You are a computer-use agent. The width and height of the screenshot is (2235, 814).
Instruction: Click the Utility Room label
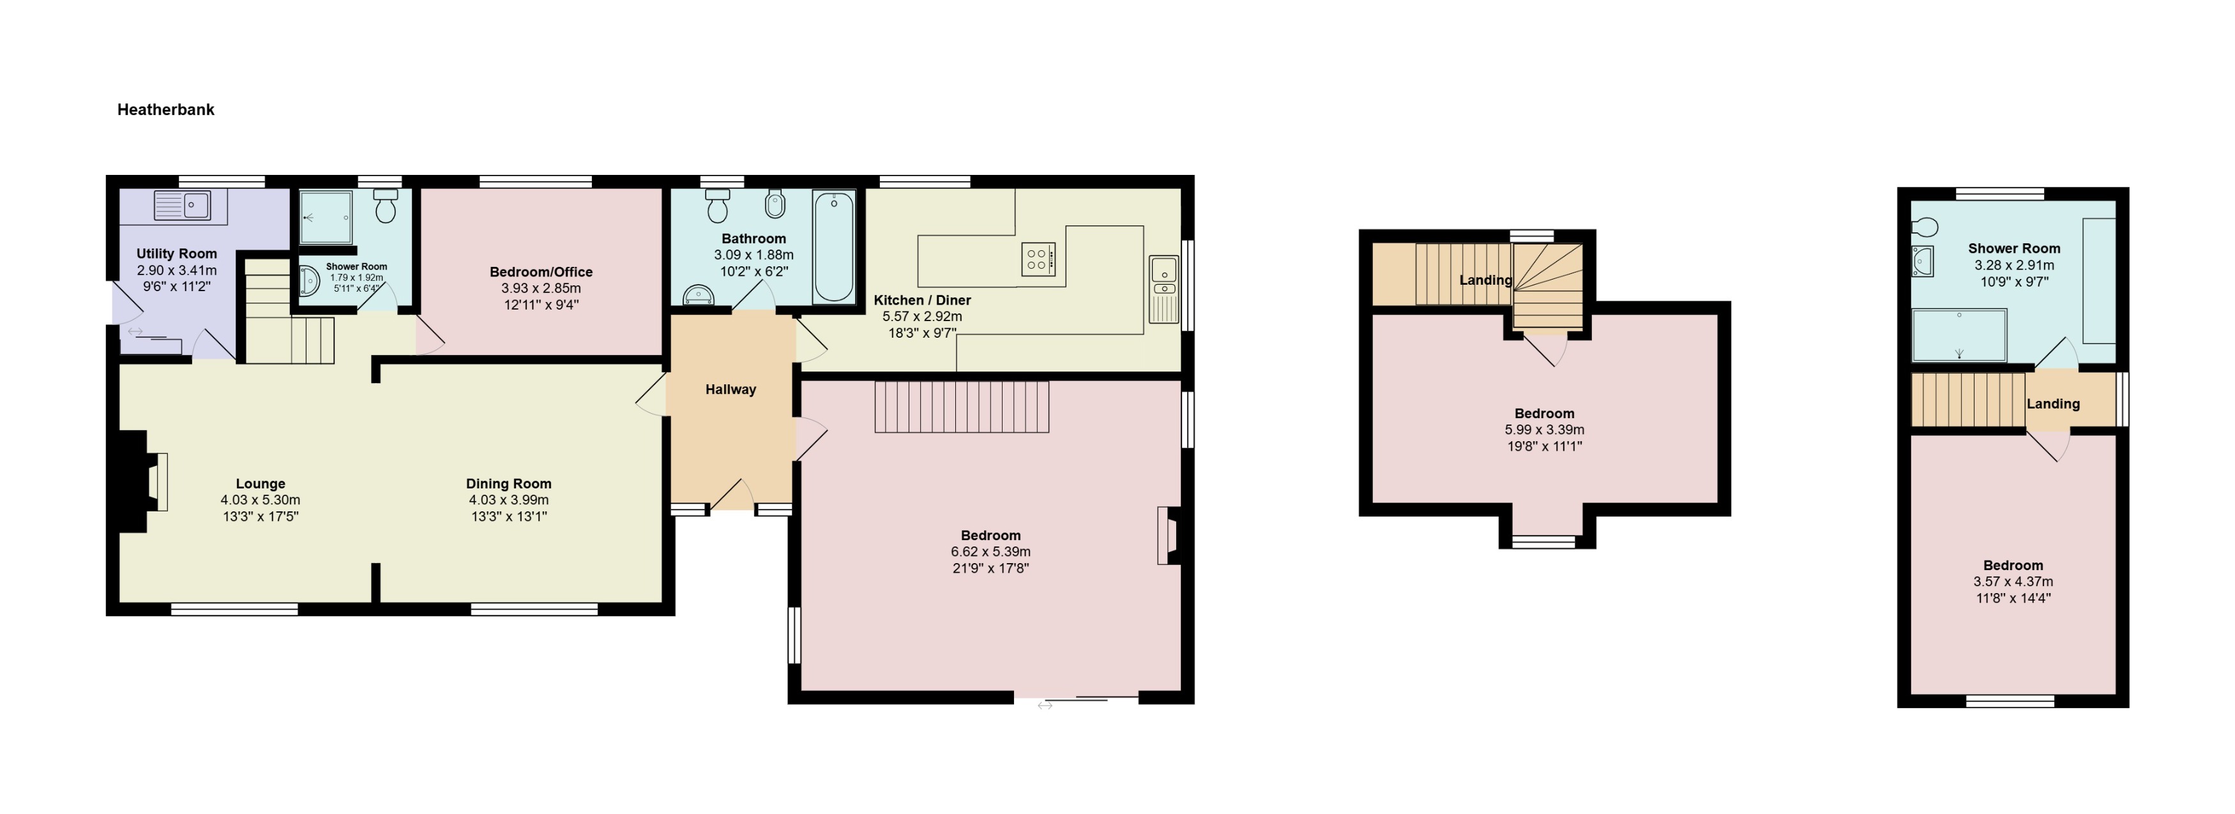(176, 253)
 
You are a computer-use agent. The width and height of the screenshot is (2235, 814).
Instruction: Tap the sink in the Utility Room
(182, 206)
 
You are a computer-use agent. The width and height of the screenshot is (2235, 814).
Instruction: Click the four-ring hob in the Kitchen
(1038, 259)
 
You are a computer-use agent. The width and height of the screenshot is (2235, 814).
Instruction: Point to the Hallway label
(730, 389)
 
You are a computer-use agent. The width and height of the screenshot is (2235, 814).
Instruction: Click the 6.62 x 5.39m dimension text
(990, 552)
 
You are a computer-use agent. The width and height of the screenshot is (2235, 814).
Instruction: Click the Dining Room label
(508, 483)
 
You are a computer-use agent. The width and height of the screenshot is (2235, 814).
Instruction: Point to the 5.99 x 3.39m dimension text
(1543, 430)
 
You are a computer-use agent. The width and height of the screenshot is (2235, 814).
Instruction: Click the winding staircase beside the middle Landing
(1548, 285)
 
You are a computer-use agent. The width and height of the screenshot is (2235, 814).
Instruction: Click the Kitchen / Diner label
(921, 300)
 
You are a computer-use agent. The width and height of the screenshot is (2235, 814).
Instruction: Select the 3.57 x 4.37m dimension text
(2012, 582)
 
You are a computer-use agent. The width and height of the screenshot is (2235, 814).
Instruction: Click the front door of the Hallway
(731, 497)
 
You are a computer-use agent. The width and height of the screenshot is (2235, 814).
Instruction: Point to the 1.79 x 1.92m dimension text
(356, 278)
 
